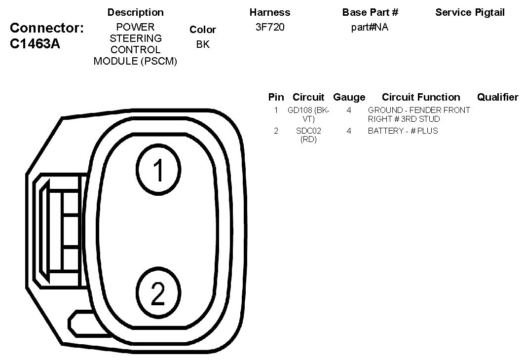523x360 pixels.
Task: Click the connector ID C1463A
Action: [x=35, y=44]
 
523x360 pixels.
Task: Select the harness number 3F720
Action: [x=270, y=27]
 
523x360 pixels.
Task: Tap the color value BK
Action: [x=203, y=44]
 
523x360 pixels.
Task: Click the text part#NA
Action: [x=370, y=27]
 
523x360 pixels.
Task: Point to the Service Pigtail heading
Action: [x=470, y=12]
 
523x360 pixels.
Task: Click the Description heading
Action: [x=135, y=12]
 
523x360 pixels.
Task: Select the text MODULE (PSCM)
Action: [x=135, y=61]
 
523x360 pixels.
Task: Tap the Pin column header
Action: [x=276, y=97]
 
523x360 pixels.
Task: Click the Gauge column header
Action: [x=349, y=97]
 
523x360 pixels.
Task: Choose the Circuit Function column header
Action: [x=421, y=97]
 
